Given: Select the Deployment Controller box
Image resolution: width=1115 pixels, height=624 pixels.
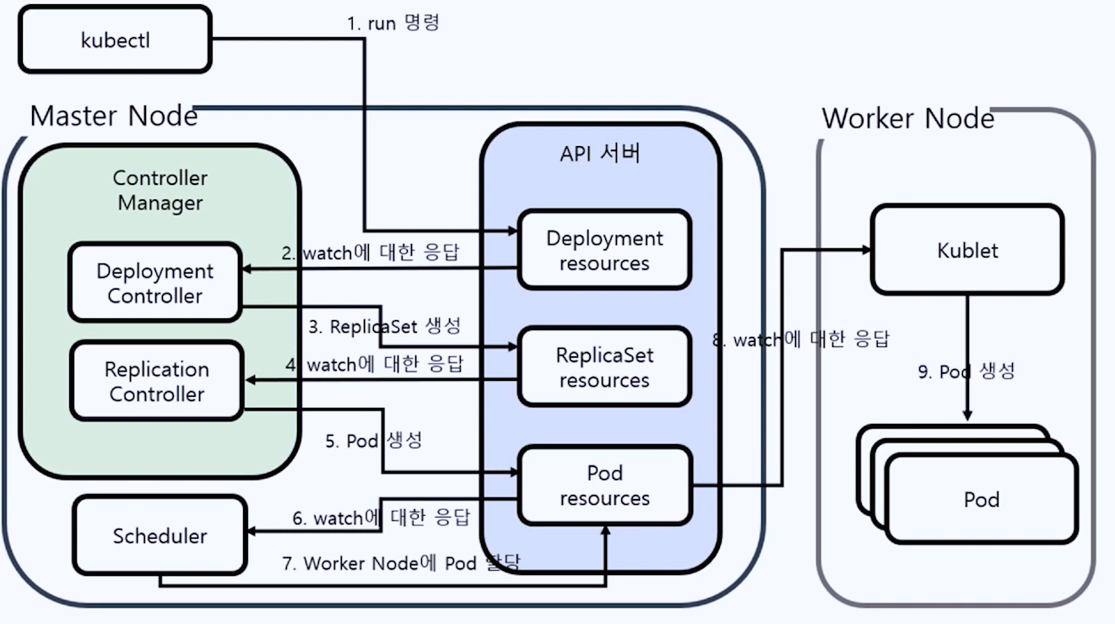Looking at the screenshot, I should point(154,283).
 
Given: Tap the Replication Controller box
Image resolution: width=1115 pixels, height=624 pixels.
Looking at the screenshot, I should point(156,382).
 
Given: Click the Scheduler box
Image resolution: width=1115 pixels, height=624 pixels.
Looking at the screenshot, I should point(160,535).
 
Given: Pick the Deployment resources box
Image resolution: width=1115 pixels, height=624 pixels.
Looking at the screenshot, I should point(604,250).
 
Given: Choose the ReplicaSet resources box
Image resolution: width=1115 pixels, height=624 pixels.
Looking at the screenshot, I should point(604,367).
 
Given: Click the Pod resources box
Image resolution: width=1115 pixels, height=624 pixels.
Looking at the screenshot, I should point(604,486).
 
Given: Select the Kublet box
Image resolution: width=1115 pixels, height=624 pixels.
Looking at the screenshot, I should point(967,250).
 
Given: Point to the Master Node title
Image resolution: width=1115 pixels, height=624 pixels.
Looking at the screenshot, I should point(114,116).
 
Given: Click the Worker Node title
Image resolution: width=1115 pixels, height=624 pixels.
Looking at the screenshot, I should point(907,118).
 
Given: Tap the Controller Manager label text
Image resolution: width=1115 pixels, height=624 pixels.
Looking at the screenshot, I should point(160,191).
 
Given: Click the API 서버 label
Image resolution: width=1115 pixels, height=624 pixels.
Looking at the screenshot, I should point(600,154).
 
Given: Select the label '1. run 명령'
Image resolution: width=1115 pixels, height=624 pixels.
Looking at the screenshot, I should point(392,23).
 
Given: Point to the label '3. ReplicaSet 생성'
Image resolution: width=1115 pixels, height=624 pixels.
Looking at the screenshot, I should point(384,326).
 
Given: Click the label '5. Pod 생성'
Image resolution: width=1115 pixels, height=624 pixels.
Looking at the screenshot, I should point(373,441).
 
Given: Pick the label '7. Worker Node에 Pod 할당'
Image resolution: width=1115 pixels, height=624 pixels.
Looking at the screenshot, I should point(401,562).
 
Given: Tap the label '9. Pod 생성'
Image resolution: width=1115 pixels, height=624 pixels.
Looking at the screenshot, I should point(966,372).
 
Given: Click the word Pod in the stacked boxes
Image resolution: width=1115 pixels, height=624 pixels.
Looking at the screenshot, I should point(982,499).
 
